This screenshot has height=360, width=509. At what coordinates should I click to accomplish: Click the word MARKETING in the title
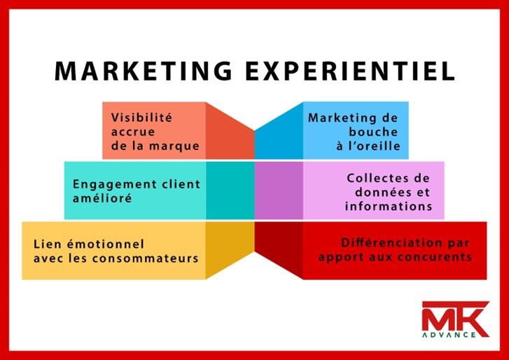(144, 71)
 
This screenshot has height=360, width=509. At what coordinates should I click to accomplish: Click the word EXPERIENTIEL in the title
(350, 71)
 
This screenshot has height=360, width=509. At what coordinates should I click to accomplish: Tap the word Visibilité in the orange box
(141, 117)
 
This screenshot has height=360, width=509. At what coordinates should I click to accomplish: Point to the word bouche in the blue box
(373, 132)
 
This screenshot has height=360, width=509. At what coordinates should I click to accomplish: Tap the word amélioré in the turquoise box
(102, 198)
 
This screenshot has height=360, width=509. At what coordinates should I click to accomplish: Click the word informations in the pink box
(389, 206)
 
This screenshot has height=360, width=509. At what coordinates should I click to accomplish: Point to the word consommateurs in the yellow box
(145, 258)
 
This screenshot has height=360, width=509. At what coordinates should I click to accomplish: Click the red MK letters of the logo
(455, 317)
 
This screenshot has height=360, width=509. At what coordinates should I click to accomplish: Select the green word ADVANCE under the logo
(449, 335)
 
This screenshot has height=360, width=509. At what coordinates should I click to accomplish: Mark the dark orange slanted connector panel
(230, 131)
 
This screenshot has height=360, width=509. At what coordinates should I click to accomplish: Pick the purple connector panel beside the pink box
(279, 191)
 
